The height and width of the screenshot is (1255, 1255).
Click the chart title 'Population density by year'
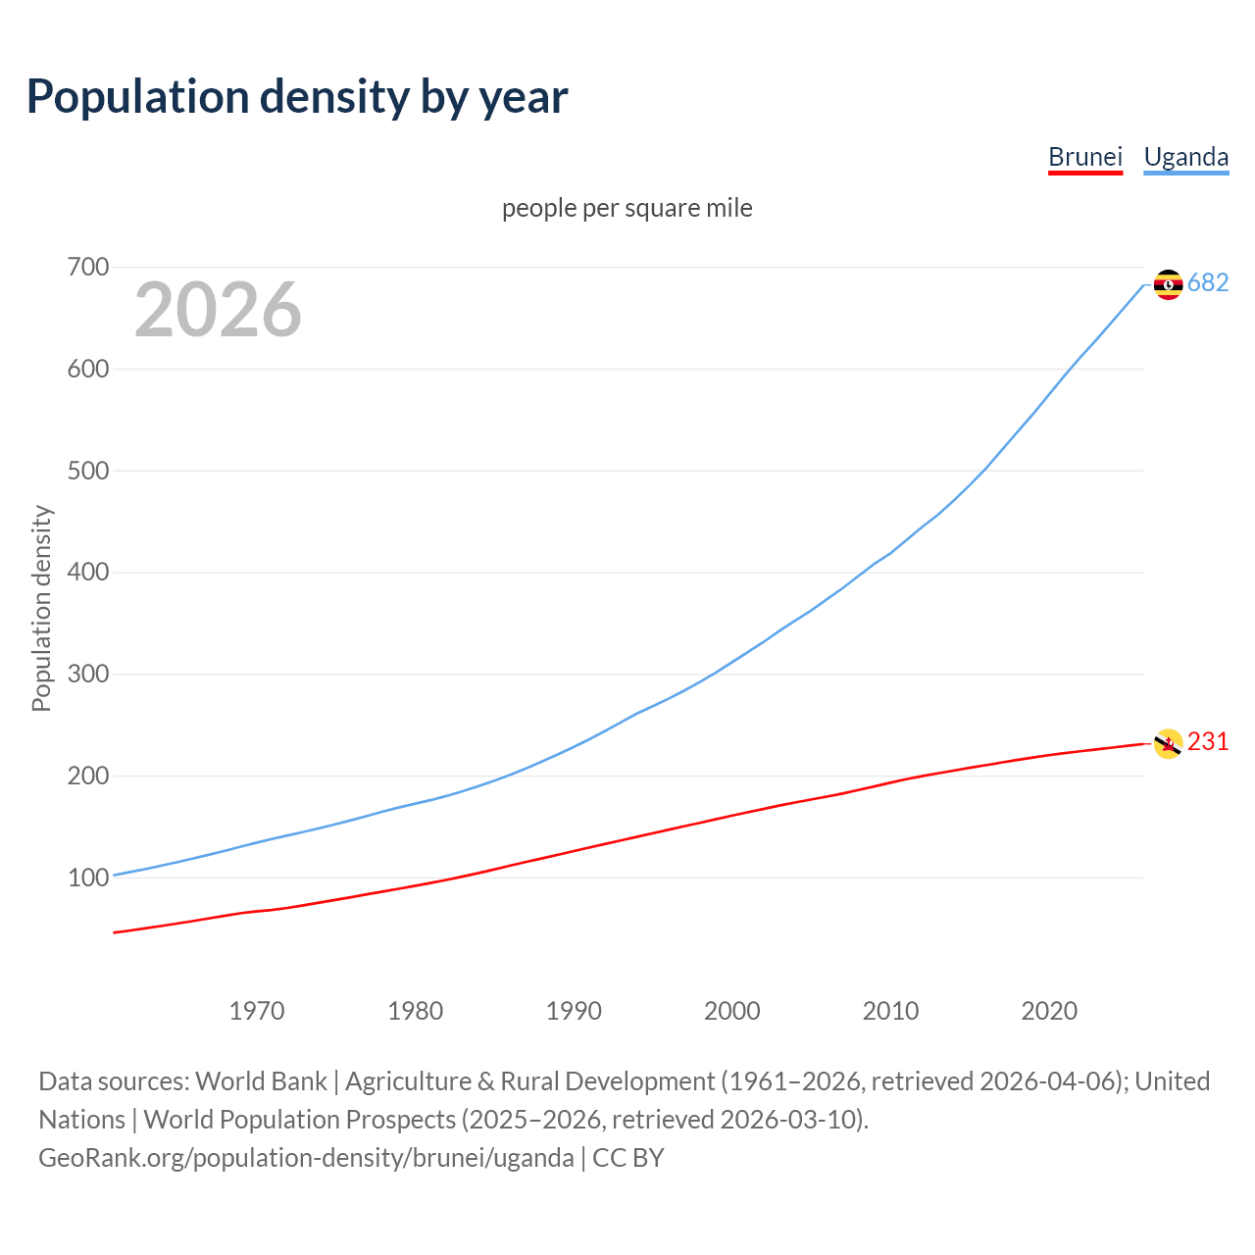pos(297,97)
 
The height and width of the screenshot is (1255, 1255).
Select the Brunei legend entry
pos(1084,157)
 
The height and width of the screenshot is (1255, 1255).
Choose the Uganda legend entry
pos(1185,157)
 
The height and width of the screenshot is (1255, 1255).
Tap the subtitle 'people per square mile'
pos(627,208)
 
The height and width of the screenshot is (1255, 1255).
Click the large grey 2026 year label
pos(218,310)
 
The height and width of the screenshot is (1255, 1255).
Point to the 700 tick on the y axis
pos(88,267)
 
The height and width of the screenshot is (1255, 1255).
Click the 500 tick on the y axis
pos(88,471)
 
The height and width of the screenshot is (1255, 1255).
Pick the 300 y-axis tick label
pos(88,675)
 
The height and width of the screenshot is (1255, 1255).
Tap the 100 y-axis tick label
pos(88,878)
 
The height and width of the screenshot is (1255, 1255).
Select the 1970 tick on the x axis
pos(257,1011)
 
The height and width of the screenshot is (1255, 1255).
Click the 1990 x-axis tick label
pos(574,1011)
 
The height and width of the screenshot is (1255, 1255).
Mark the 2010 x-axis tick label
pos(890,1011)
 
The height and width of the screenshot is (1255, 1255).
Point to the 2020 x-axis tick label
pos(1049,1011)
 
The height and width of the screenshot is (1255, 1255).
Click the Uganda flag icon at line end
pos(1168,284)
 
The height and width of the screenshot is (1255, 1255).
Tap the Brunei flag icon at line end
pos(1168,743)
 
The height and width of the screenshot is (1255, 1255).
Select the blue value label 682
pos(1208,282)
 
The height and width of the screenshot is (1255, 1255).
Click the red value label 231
pos(1208,741)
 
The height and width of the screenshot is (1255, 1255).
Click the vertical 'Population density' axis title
pos(41,608)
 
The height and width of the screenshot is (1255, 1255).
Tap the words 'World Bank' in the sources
pos(261,1080)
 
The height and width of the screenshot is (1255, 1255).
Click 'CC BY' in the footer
pos(627,1157)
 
